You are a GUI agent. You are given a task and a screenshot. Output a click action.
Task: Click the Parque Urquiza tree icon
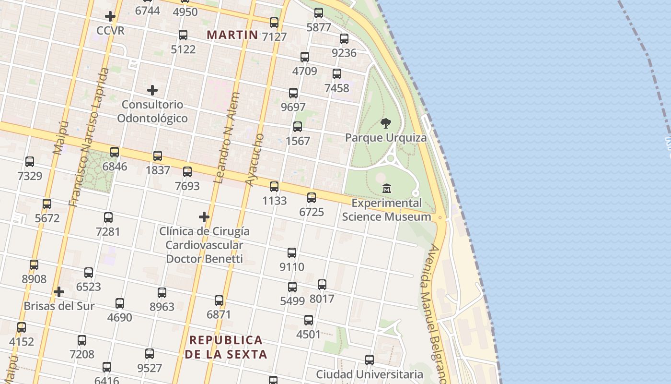pos(386,123)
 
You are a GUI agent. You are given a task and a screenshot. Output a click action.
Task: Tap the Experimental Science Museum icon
pos(387,188)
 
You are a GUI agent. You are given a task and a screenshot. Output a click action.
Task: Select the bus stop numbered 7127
pos(274,23)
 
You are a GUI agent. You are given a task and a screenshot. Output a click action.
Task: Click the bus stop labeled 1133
pos(274,187)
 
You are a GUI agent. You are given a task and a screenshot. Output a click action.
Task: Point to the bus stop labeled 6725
pos(312,198)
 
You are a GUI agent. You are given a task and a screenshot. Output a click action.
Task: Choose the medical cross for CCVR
pos(110,16)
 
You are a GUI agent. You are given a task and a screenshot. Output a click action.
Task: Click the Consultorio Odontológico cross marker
pos(152,90)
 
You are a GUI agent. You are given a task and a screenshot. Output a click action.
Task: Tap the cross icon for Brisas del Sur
pos(59,292)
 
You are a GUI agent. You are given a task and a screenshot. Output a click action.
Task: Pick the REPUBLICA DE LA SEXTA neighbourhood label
pos(226,347)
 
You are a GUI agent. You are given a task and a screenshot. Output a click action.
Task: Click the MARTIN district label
pos(232,35)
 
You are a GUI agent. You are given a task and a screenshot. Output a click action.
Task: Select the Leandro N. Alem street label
pos(227,138)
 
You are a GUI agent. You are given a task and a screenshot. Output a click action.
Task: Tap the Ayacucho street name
pos(255,159)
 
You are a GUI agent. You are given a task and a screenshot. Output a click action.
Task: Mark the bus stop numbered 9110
pos(292,253)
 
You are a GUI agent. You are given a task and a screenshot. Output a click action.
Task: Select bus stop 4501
pos(309,320)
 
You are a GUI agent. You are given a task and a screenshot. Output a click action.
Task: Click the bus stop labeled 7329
pos(30,162)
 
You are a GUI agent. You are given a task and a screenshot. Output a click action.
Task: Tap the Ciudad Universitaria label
pos(370,374)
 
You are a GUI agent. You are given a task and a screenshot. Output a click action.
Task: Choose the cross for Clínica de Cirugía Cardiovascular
pos(204,217)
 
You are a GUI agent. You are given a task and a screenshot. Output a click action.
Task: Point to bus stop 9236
pos(344,39)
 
